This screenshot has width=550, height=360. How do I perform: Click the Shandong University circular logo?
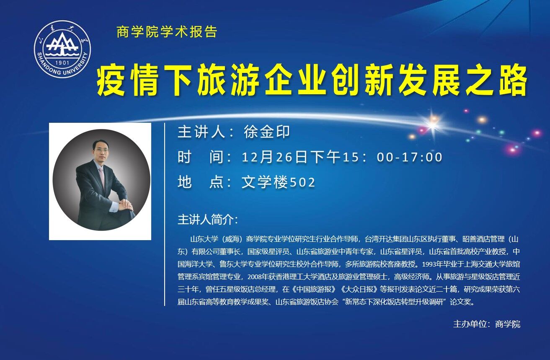click(62, 49)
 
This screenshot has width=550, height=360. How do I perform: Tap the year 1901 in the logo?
click(62, 63)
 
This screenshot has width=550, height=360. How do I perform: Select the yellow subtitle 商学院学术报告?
click(167, 32)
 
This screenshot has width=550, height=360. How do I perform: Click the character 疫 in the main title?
click(111, 80)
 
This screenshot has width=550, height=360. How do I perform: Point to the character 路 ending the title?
click(512, 80)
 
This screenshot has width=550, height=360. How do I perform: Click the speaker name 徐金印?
click(267, 132)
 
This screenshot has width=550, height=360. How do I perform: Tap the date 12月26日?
click(274, 157)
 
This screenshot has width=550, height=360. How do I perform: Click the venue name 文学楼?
click(265, 182)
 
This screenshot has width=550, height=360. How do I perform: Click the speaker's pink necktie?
click(102, 177)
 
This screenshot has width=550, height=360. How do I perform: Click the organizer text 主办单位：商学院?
click(486, 324)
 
